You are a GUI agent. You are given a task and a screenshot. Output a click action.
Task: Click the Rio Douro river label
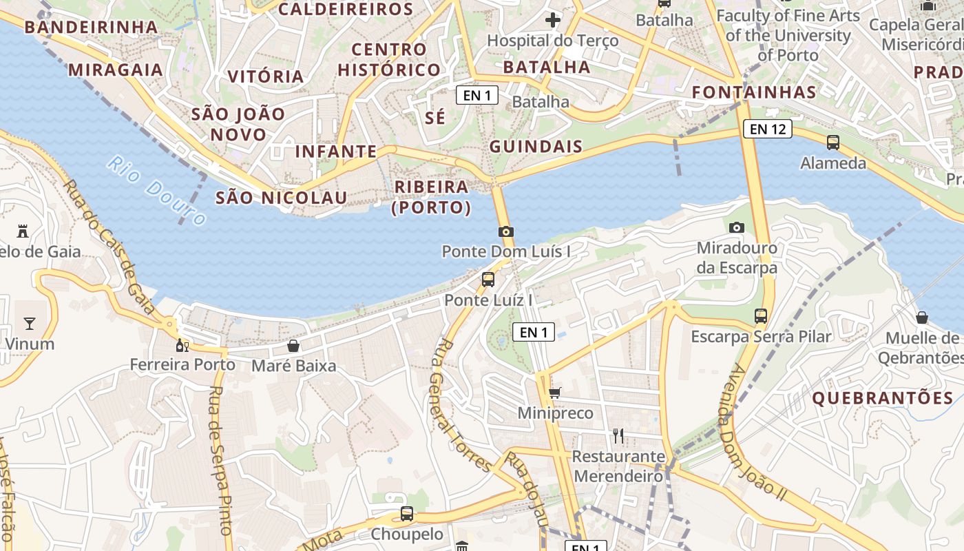(157, 192)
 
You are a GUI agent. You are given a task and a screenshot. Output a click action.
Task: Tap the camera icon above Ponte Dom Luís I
(506, 231)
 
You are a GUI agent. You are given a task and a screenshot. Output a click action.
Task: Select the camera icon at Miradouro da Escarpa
(737, 227)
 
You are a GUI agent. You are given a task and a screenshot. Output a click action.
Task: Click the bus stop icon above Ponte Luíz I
(488, 279)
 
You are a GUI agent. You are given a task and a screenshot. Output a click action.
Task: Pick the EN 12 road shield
(767, 129)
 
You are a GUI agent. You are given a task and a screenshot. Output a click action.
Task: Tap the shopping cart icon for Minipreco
(555, 393)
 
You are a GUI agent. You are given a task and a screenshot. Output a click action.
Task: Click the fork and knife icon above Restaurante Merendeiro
(618, 435)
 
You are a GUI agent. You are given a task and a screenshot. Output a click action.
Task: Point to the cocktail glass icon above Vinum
(30, 323)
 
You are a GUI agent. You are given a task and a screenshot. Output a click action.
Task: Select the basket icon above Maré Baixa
(293, 345)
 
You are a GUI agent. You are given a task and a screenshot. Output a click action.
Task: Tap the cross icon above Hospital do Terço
(552, 20)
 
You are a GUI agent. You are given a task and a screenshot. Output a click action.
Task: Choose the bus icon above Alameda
(833, 143)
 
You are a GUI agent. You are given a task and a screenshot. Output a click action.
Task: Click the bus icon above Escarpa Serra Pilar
(761, 316)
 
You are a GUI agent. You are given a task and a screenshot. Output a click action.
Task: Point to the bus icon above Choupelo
(407, 514)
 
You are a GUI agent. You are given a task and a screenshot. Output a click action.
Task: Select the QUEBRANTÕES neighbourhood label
(883, 398)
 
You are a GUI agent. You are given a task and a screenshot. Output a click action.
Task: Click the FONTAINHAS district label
(754, 92)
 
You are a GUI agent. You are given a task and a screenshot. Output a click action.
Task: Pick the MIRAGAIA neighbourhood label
(116, 70)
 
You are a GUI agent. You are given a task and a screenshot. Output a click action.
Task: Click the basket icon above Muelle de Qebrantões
(922, 318)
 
